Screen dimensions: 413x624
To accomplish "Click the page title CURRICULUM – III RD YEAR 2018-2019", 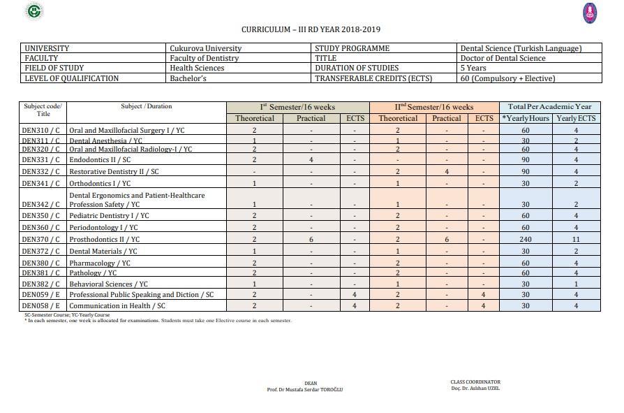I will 311,30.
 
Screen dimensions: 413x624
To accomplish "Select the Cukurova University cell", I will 205,49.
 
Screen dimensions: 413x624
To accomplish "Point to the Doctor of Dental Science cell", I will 503,59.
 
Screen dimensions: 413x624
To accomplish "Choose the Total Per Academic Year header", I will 550,107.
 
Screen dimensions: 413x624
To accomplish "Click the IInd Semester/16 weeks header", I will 433,107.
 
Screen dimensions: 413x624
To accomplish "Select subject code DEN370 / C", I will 40,240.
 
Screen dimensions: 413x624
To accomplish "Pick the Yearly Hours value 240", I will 525,240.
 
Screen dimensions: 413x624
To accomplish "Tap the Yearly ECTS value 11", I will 576,240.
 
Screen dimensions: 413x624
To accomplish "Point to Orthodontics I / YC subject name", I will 100,183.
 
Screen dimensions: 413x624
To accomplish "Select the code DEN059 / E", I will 40,295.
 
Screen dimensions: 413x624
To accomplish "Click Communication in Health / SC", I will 117,306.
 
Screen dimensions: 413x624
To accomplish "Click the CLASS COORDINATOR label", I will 475,382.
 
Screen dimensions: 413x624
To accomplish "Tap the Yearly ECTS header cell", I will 576,118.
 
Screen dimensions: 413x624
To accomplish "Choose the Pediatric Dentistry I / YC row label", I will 109,216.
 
